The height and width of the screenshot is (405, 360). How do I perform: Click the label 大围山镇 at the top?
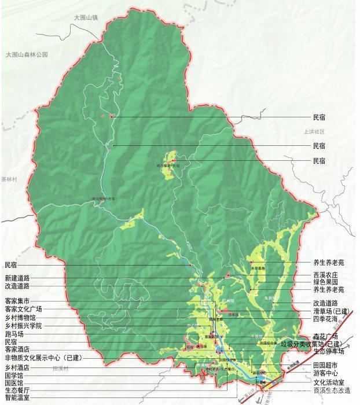tap(86, 18)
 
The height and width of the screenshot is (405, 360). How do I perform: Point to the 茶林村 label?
tap(10, 180)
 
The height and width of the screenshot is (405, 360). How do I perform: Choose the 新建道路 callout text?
tap(16, 278)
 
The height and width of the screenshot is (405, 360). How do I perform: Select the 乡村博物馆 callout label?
tap(19, 318)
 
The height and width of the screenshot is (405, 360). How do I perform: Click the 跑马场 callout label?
tap(13, 334)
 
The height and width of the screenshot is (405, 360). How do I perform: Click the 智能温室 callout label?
tap(16, 398)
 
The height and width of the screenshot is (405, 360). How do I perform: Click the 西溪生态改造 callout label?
tap(330, 390)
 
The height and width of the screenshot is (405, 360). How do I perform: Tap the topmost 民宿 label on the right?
tap(319, 116)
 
